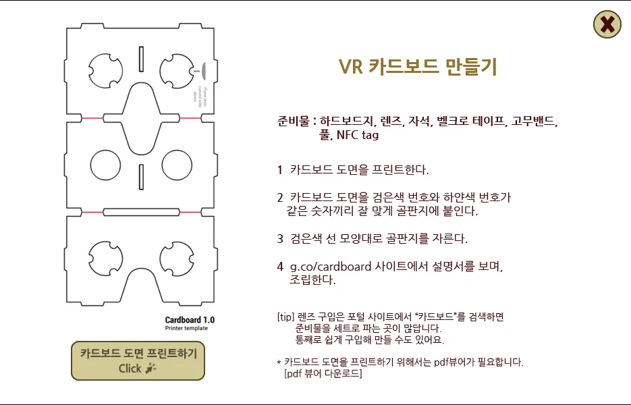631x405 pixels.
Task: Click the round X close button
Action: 607,25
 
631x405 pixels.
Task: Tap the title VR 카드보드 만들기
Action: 418,66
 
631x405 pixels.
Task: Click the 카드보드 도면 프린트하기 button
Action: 138,360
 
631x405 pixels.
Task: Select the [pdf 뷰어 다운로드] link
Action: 323,373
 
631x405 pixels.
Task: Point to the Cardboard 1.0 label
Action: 190,320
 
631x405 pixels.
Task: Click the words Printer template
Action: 186,329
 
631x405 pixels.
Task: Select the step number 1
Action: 279,169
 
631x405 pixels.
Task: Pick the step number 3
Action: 279,238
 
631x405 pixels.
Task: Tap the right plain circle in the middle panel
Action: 177,165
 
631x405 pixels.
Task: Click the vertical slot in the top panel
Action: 141,59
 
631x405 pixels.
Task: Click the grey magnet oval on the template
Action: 202,69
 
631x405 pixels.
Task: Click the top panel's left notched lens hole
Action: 107,70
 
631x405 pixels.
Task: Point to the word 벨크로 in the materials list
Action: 450,122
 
